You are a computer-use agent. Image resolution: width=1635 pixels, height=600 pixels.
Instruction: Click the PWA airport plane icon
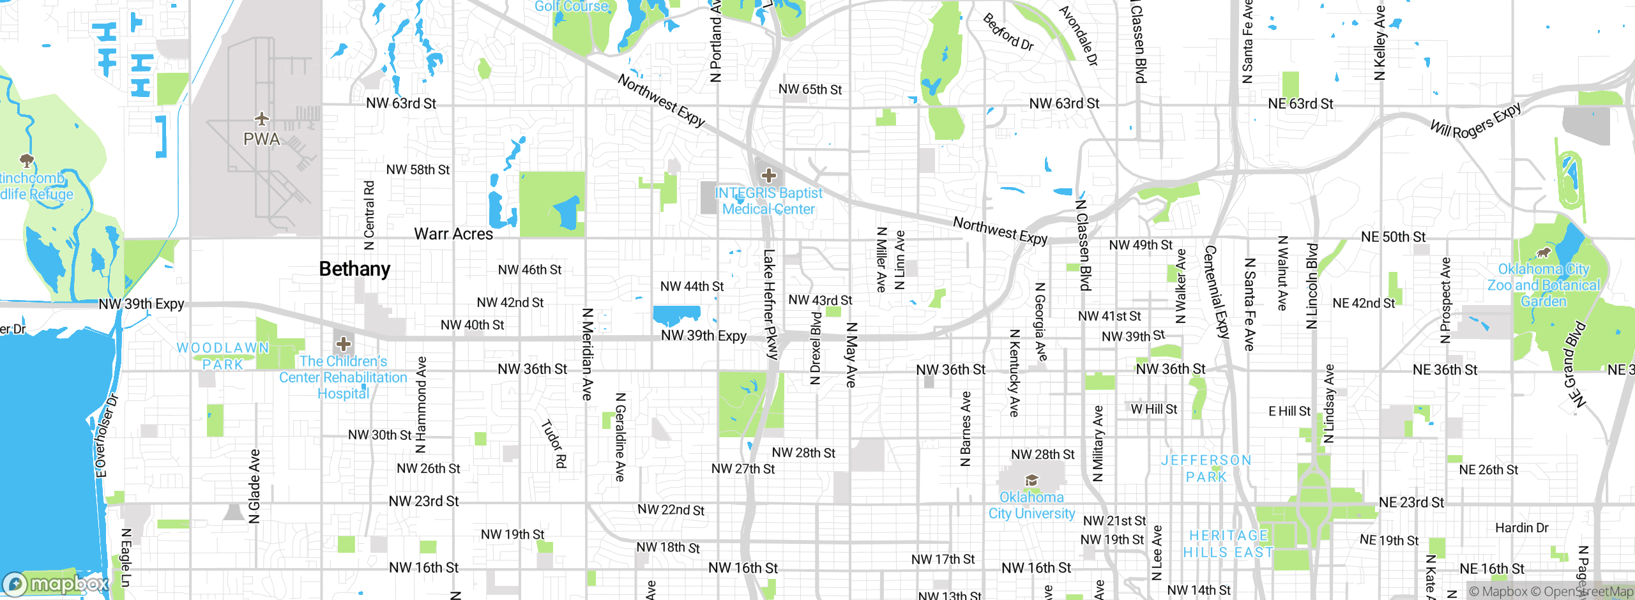(x=262, y=119)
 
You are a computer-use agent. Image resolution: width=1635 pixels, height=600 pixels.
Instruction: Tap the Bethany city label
(x=354, y=269)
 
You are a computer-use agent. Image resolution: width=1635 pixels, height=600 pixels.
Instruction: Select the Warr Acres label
(x=453, y=234)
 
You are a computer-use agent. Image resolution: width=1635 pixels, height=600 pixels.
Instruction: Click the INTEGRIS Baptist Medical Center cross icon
(x=769, y=176)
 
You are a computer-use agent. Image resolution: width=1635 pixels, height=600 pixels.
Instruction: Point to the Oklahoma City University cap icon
(x=1031, y=481)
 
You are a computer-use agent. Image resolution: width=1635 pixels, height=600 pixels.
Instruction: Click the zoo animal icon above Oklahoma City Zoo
(x=1544, y=253)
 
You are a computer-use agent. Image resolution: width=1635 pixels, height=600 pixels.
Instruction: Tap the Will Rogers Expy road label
(x=1475, y=121)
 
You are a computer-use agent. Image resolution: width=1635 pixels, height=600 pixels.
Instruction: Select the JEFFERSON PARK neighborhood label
(x=1206, y=469)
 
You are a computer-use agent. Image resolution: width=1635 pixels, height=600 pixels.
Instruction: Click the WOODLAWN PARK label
(x=223, y=356)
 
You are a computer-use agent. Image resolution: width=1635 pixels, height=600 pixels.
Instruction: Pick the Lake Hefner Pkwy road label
(x=770, y=304)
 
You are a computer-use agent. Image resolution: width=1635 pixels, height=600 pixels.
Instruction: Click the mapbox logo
(x=56, y=584)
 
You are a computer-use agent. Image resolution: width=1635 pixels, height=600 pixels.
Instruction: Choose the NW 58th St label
(x=418, y=170)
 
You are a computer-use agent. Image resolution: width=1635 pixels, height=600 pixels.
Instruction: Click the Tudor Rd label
(x=554, y=444)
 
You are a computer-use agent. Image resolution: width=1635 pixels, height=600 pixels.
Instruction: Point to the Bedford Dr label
(x=1008, y=32)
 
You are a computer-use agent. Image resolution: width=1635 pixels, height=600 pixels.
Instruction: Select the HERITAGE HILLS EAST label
(x=1228, y=544)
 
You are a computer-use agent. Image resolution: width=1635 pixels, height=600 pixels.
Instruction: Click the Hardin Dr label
(x=1521, y=528)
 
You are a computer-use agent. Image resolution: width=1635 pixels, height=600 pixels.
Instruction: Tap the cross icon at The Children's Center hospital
(x=344, y=344)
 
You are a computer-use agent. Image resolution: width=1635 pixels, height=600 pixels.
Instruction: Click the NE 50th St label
(x=1393, y=237)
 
